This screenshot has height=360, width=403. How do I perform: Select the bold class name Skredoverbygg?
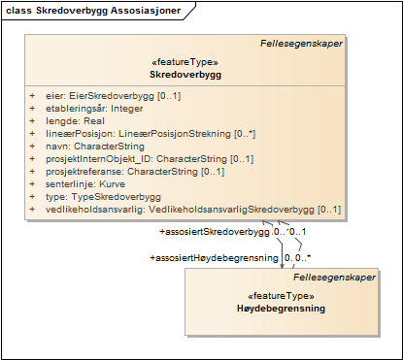(183, 74)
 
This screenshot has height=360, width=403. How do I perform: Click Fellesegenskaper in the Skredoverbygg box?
(301, 43)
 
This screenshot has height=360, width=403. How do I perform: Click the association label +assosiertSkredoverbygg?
(214, 232)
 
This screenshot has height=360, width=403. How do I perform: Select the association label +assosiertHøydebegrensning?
(214, 257)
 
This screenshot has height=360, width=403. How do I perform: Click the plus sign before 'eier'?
(32, 95)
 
